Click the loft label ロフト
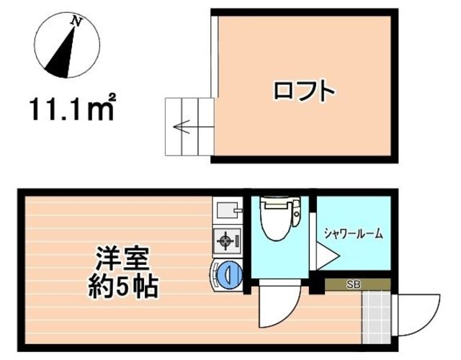click(304, 91)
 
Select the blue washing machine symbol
click(228, 274)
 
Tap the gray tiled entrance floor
click(376, 315)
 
